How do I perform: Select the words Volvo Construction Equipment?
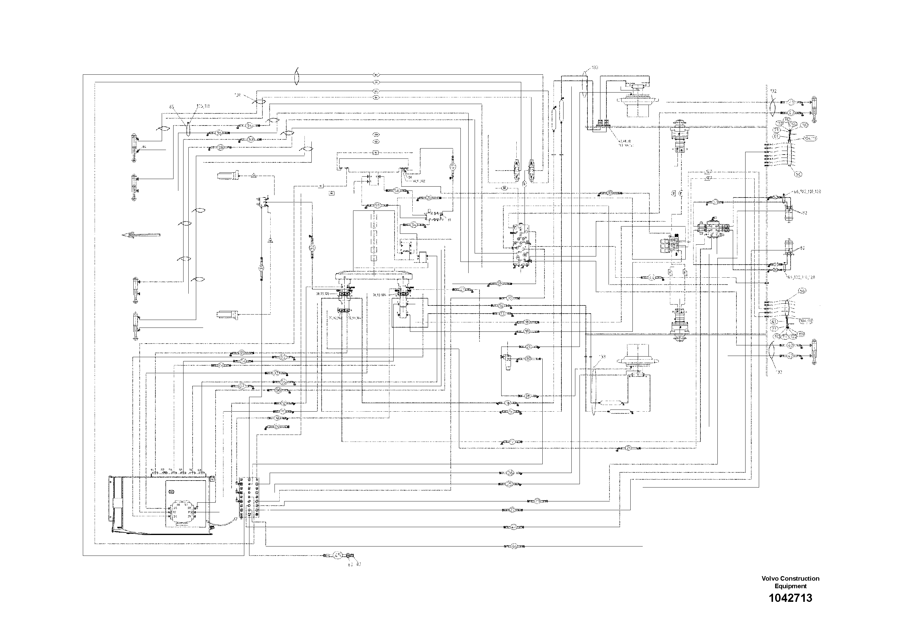point(790,582)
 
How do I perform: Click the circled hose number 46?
point(514,546)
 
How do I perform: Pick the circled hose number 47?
point(514,527)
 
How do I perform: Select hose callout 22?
point(512,510)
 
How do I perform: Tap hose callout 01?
point(242,353)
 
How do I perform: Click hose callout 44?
point(651,277)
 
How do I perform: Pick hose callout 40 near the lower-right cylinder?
point(790,345)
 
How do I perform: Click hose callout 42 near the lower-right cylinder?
point(790,356)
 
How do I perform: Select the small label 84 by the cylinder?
point(144,147)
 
